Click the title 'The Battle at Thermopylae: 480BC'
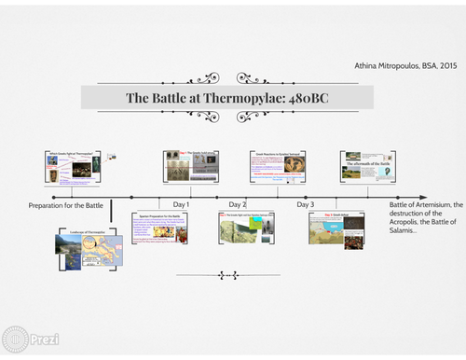(x=226, y=98)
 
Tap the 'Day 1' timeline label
(x=182, y=204)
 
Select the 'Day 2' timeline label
(x=238, y=204)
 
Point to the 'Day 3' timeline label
(x=306, y=204)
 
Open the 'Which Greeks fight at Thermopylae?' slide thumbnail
(x=73, y=169)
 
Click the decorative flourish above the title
(x=226, y=78)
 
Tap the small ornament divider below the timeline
(x=227, y=275)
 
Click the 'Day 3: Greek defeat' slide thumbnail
(x=338, y=228)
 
